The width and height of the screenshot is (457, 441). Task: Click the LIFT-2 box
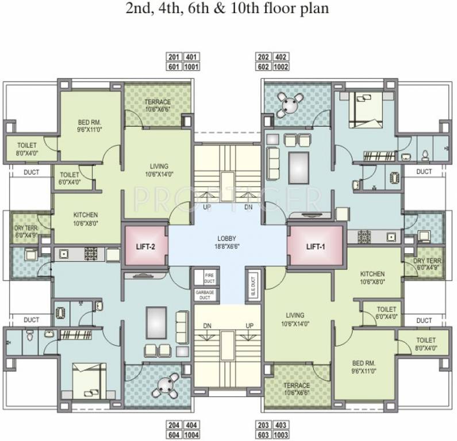144,247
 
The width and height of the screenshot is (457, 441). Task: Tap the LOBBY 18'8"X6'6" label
228,242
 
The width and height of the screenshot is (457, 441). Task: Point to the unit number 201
174,57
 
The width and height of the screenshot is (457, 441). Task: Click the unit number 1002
281,67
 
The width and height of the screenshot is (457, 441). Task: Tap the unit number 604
174,435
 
